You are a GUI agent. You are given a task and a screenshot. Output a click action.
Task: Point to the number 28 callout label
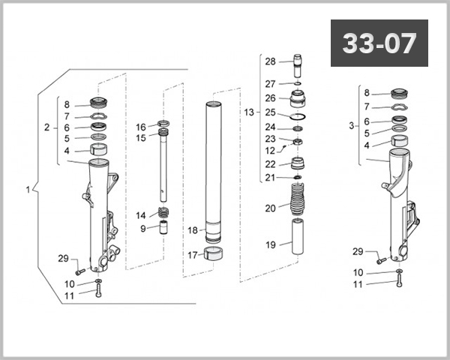(x=270, y=61)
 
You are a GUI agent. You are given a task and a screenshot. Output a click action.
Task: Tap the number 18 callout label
(x=192, y=230)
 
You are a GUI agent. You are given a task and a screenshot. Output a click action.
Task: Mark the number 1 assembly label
(x=28, y=190)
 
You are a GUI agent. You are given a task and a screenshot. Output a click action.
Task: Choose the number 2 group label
(x=46, y=128)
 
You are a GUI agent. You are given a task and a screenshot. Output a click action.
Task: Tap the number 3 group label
(x=352, y=126)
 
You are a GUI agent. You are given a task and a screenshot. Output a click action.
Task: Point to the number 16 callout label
(x=141, y=127)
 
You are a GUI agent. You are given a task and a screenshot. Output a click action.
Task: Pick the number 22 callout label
(x=270, y=164)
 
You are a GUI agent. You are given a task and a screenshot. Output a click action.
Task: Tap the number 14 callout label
(x=141, y=215)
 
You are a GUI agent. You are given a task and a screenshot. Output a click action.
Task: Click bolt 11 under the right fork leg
(x=397, y=282)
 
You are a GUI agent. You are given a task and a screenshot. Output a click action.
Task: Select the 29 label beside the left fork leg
(x=64, y=259)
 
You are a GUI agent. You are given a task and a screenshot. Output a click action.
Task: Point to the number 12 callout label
(x=270, y=151)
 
